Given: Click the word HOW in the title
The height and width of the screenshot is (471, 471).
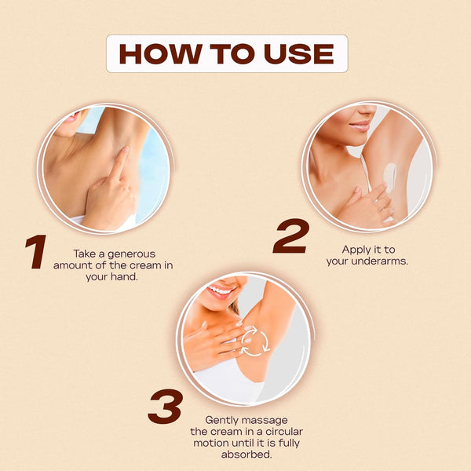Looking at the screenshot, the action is point(160,53).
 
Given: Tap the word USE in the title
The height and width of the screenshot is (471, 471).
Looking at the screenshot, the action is point(299,53).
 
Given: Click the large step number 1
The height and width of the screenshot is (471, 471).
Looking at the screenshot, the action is point(36,252).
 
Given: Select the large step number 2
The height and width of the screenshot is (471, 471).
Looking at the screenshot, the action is point(291,236).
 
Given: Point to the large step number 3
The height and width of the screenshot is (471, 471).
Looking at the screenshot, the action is point(166,407).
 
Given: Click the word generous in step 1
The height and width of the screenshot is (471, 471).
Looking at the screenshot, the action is point(132,254).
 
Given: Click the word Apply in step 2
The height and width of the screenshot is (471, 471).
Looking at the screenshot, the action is point(356,250).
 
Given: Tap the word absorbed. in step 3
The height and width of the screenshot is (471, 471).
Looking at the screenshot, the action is point(246,455).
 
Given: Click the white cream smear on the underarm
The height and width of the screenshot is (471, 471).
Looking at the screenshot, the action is point(390,177).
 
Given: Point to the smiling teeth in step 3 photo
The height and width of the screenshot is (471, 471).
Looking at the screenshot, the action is point(222,290).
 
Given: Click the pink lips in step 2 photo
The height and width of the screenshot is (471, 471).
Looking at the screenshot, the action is point(359,126).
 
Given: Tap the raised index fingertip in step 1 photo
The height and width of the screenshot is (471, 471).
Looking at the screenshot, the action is point(125,150).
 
